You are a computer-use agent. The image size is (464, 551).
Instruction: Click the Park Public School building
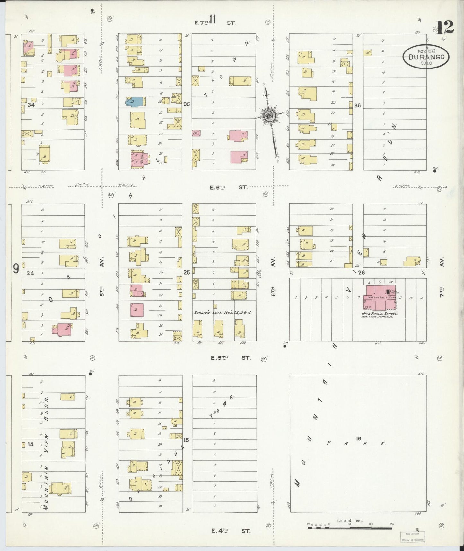380,298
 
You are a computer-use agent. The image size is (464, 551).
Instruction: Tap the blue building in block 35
133,102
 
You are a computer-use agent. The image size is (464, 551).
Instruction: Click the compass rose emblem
269,116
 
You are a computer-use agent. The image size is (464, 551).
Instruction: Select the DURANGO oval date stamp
426,57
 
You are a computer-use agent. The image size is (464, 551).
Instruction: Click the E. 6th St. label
229,187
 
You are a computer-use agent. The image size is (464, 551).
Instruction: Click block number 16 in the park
358,438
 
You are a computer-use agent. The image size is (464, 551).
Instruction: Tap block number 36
357,105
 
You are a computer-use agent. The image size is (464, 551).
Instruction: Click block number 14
31,444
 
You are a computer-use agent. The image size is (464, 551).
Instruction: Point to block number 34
31,105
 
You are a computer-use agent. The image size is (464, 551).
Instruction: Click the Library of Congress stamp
412,537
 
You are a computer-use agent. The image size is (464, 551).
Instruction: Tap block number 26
361,273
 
